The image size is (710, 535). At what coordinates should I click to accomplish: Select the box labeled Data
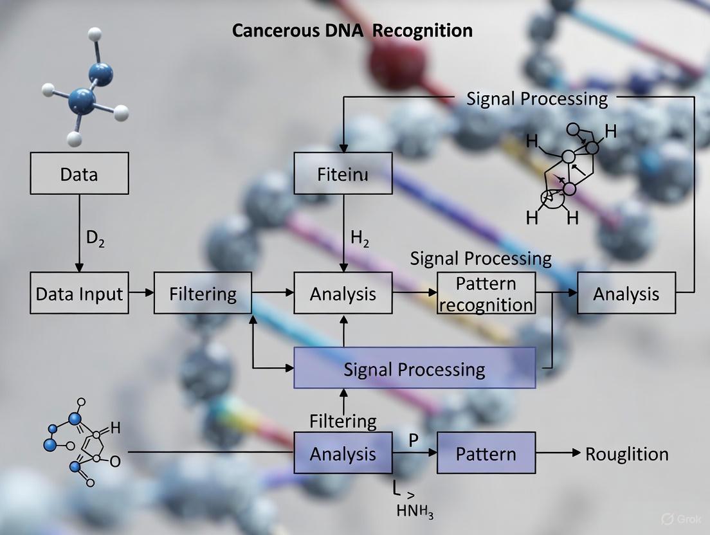coord(79,173)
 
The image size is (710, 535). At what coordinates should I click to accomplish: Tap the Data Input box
coord(79,293)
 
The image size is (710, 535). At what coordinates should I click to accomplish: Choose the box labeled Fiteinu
coord(343,174)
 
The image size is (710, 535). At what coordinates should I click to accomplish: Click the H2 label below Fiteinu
coord(360,238)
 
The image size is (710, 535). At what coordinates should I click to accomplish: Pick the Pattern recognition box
coord(486,293)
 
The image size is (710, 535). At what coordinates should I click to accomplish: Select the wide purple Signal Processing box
coord(414,368)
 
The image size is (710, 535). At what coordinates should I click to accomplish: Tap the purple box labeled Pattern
coord(486,453)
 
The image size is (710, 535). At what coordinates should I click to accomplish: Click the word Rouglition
coord(626,454)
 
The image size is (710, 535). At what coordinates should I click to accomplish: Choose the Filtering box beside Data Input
coord(203,293)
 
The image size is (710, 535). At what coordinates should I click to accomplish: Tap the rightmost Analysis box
coord(626,293)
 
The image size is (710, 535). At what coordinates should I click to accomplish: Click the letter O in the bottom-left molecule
coord(115,460)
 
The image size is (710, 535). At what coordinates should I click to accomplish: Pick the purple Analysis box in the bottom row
coord(343,453)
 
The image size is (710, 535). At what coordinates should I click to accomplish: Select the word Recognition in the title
coord(424,30)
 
